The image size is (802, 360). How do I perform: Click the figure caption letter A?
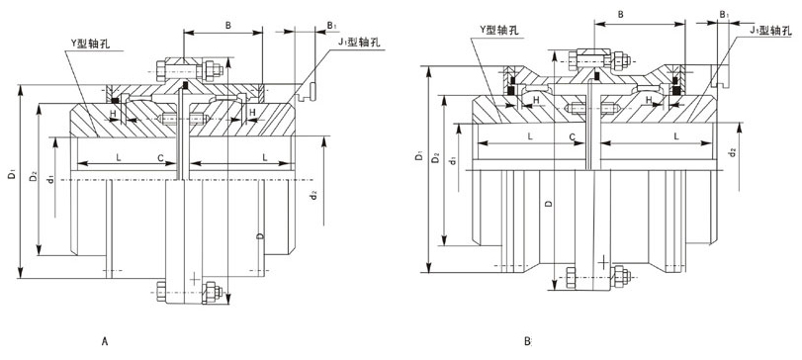(105, 341)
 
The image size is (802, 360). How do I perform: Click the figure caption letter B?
(527, 341)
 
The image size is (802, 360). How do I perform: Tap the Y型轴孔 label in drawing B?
(499, 31)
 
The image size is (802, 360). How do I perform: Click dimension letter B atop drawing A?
(228, 24)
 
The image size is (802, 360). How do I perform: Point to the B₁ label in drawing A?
(331, 24)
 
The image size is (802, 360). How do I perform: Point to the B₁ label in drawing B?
(724, 15)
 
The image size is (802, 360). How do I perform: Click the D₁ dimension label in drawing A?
(11, 176)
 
